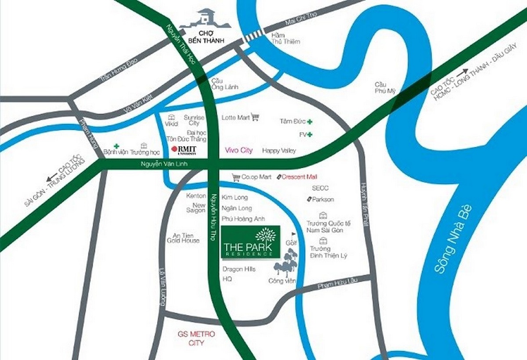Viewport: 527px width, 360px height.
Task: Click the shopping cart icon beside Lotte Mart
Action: coord(255,117)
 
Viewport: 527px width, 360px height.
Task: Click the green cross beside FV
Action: coord(310,134)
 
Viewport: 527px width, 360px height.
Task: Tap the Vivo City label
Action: coord(238,150)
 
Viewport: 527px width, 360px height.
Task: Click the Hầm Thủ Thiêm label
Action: coord(285,38)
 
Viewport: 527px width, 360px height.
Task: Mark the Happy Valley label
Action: coord(279,151)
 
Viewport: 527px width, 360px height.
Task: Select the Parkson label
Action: coord(323,199)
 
